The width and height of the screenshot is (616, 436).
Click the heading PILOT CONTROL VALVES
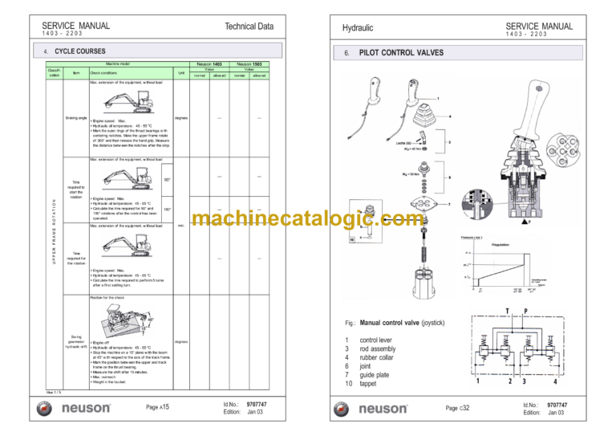(402, 53)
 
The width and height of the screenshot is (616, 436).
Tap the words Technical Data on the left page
(249, 26)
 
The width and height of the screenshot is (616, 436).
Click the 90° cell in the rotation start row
(167, 178)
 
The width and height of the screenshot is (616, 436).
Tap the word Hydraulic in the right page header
(358, 28)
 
